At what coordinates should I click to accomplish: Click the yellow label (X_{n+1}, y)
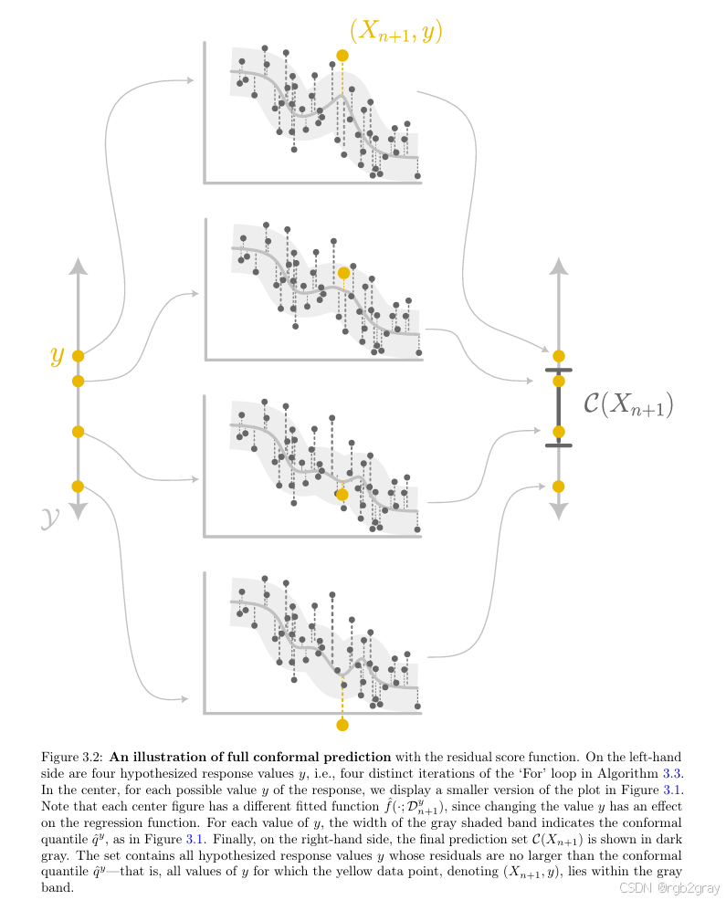(395, 31)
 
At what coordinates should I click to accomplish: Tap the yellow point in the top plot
(342, 56)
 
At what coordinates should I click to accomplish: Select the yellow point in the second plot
(343, 272)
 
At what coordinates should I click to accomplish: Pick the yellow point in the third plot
(342, 494)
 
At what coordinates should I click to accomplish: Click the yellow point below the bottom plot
(342, 725)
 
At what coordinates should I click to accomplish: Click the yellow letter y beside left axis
(57, 355)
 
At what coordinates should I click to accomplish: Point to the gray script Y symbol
(50, 519)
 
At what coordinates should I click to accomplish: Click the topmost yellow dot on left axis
(78, 356)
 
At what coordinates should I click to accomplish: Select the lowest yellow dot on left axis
(78, 486)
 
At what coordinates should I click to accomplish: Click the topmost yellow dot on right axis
(559, 355)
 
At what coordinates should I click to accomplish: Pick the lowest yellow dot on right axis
(559, 486)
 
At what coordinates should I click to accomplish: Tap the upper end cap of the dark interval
(559, 370)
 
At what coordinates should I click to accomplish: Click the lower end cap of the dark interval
(559, 445)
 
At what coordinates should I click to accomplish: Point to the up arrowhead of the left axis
(78, 266)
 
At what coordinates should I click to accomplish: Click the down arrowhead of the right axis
(559, 512)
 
